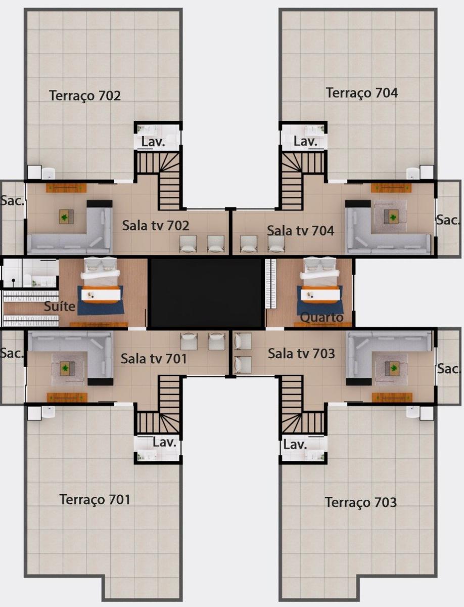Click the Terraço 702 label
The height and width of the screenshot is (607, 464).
point(85,95)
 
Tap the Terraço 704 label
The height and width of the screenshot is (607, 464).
point(361,93)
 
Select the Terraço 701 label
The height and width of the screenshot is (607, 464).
point(95,499)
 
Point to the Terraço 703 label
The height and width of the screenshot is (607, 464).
point(360,502)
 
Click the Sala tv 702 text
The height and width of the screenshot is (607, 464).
point(155,225)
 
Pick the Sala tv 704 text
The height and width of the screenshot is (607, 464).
point(300,231)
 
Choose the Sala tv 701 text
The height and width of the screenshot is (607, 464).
point(154,359)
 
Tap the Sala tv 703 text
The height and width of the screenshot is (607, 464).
point(301,354)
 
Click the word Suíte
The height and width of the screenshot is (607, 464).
point(60,306)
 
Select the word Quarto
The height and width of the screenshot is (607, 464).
point(322,317)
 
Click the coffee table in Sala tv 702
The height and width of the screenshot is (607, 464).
point(66,217)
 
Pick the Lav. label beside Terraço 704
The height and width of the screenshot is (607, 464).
point(305,141)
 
